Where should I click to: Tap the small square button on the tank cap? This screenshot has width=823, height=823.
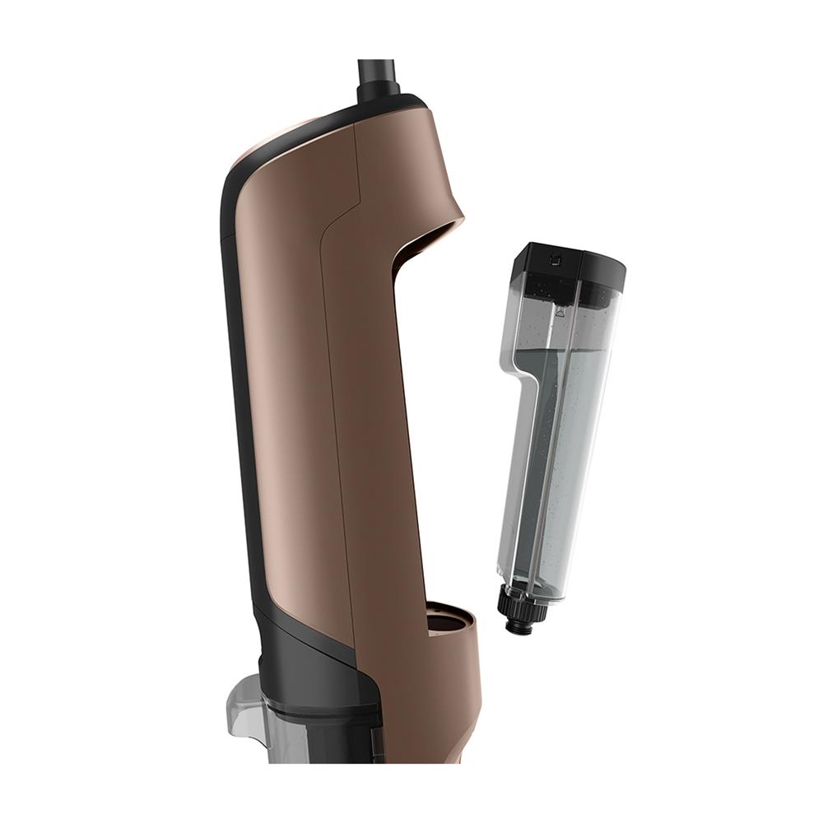pyautogui.click(x=555, y=262)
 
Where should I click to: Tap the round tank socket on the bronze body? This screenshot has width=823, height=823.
pyautogui.click(x=449, y=617)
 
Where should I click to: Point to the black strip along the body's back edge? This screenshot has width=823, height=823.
pyautogui.click(x=235, y=370)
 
